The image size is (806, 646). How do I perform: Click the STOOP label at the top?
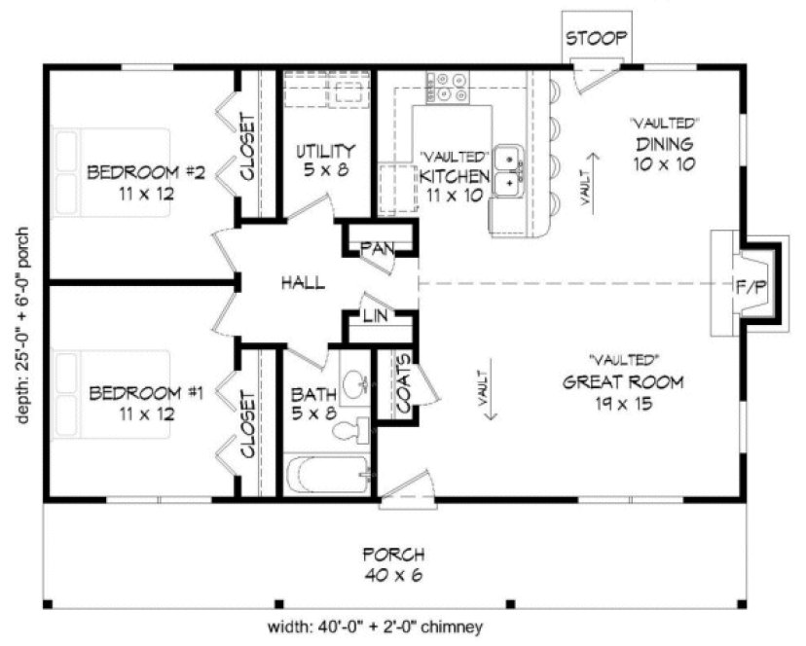pos(597,38)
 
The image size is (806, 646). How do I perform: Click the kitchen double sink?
pos(508,169)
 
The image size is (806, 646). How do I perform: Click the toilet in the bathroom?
pos(361,430)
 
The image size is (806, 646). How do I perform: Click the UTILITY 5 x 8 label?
pos(324,161)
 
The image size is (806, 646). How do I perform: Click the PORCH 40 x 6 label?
pos(393,565)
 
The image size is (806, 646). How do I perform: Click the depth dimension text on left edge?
pos(22,326)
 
